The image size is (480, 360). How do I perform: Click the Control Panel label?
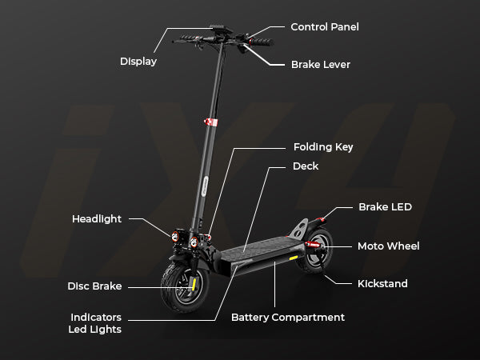click(324, 27)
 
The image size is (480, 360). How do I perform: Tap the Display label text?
click(138, 62)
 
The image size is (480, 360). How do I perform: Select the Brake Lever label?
click(320, 64)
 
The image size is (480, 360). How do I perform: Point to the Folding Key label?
click(322, 147)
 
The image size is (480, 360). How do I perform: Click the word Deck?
click(306, 166)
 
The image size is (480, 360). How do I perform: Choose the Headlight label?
click(98, 218)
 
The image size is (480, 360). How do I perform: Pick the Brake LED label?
click(385, 207)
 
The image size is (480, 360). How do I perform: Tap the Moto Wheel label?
click(388, 246)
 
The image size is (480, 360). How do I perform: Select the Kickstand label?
click(382, 283)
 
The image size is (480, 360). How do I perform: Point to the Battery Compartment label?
click(287, 318)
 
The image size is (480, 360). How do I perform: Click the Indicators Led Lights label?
click(95, 323)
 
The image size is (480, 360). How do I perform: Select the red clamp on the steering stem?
click(210, 122)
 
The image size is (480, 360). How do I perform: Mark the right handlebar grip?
click(262, 42)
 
